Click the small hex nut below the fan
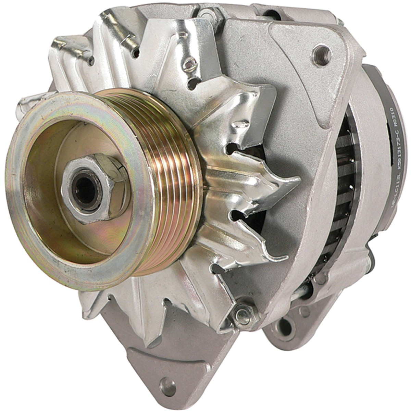(x=242, y=313)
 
